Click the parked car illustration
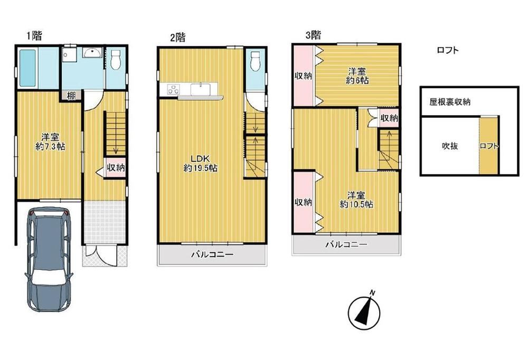pyautogui.click(x=49, y=259)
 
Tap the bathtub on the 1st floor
pyautogui.click(x=27, y=68)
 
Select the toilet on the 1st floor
pyautogui.click(x=116, y=60)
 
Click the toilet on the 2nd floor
pyautogui.click(x=256, y=61)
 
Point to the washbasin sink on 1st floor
pyautogui.click(x=92, y=53)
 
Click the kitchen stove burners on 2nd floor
pyautogui.click(x=174, y=89)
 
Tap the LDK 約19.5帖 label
pyautogui.click(x=200, y=163)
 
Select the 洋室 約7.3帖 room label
pyautogui.click(x=51, y=142)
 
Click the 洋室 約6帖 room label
pyautogui.click(x=357, y=76)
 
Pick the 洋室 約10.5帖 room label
pyautogui.click(x=356, y=200)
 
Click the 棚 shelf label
pyautogui.click(x=71, y=96)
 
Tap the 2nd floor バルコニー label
pyautogui.click(x=212, y=254)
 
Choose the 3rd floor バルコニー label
pyautogui.click(x=346, y=244)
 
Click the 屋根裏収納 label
pyautogui.click(x=450, y=102)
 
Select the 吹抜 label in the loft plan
pyautogui.click(x=450, y=146)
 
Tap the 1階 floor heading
pyautogui.click(x=34, y=35)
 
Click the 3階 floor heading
pyautogui.click(x=313, y=35)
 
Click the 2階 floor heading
pyautogui.click(x=177, y=37)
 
